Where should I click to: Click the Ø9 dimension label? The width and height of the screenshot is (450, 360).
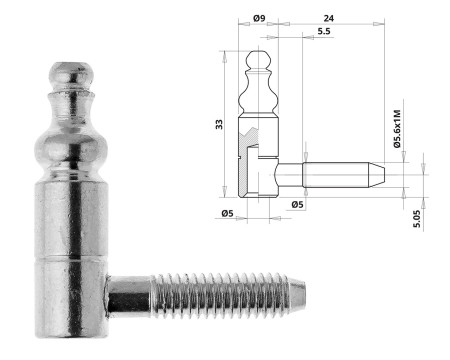coord(258,18)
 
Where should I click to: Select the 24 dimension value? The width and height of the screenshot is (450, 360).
coord(329,18)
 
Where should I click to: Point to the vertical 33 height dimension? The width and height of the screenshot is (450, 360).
coord(219,123)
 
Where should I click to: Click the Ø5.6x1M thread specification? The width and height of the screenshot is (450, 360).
coord(397,130)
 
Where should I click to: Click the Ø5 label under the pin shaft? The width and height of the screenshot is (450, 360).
coord(297,204)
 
